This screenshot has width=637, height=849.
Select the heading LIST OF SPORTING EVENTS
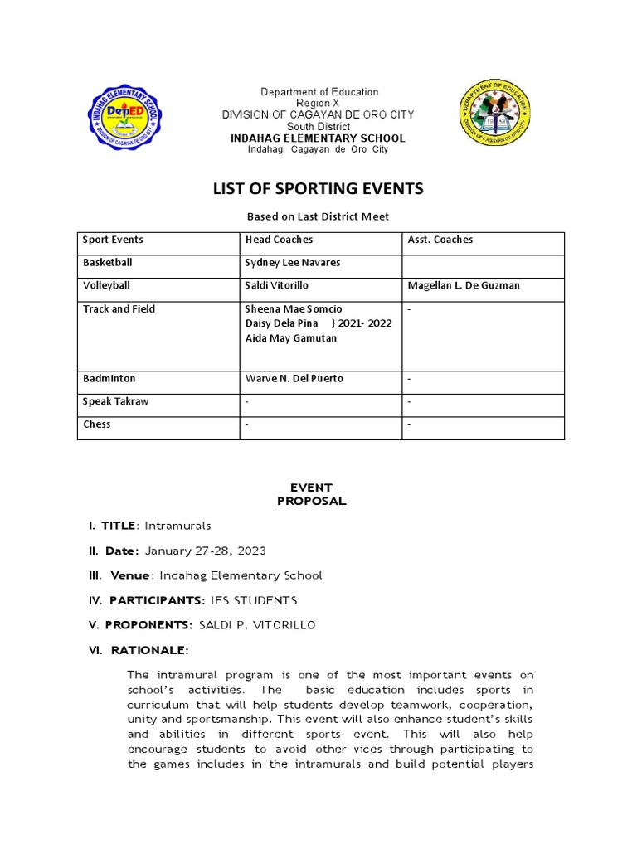point(318,189)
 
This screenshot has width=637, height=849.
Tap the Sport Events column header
point(113,240)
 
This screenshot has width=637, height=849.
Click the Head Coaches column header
point(279,240)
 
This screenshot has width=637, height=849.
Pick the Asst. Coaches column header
point(440,240)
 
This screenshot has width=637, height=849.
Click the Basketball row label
point(107,263)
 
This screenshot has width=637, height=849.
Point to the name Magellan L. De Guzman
point(463,286)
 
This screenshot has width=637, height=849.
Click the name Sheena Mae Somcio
point(294,309)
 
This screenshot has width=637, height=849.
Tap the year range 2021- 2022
point(364,323)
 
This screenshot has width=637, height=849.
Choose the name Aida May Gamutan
point(291,338)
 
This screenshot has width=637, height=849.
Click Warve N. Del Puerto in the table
point(294,379)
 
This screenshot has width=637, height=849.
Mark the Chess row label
point(96,424)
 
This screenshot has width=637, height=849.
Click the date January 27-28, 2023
point(206,551)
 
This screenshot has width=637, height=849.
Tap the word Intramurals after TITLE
point(178,526)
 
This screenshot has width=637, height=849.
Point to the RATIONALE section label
point(145,650)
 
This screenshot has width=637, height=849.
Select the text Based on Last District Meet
point(318,216)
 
